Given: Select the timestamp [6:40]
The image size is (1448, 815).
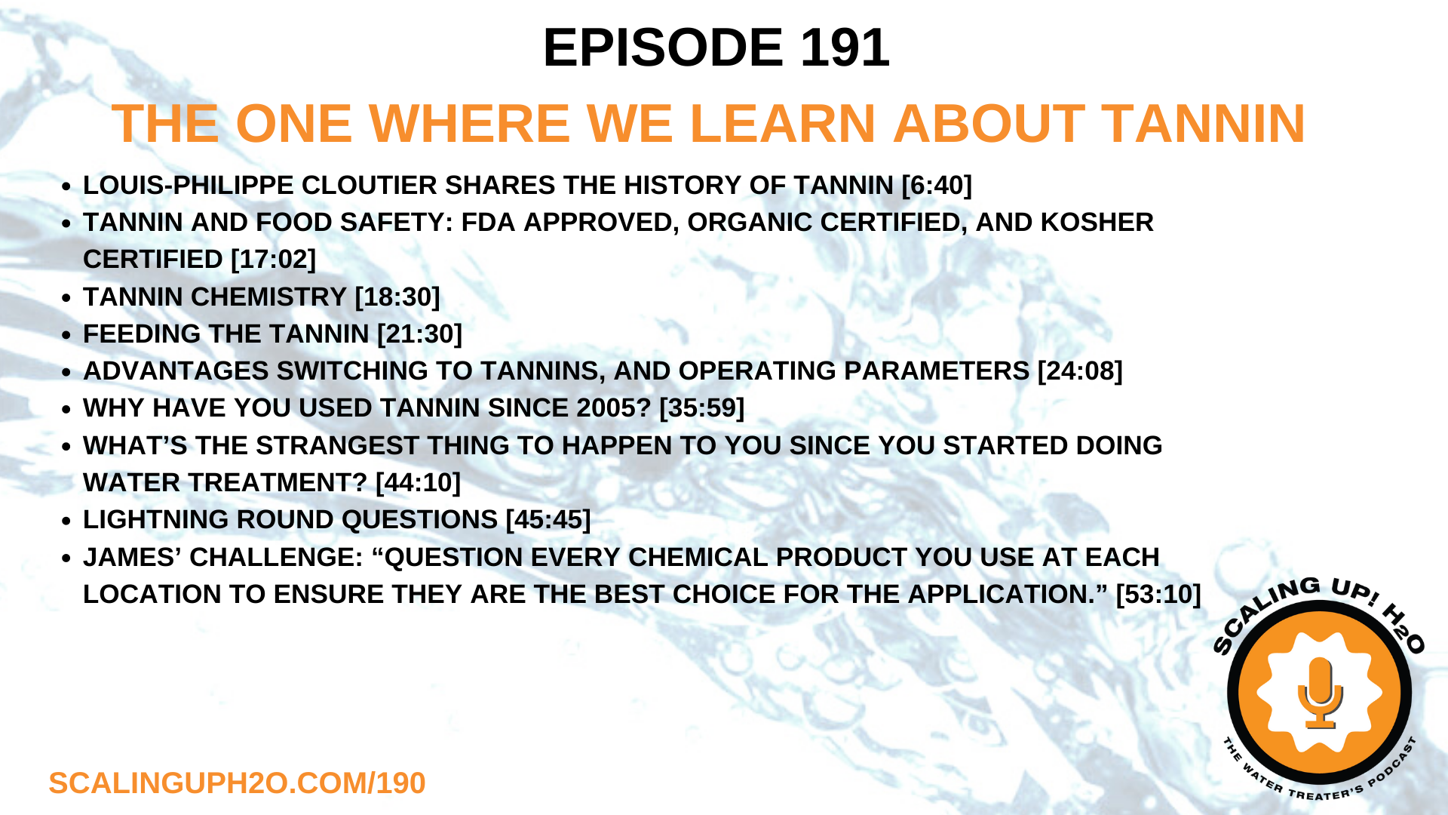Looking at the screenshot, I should (x=937, y=186).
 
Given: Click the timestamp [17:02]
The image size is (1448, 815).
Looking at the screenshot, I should (x=273, y=260).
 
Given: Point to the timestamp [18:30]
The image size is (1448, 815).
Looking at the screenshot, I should (x=397, y=297).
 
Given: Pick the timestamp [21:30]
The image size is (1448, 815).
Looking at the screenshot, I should (x=419, y=334).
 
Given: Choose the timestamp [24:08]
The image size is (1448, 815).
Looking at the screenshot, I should (x=1080, y=371).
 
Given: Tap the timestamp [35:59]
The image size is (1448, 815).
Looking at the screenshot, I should (x=701, y=408).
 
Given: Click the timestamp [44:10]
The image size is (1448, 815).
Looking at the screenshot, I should (x=418, y=483).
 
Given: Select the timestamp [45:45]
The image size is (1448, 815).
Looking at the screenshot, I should (x=548, y=520).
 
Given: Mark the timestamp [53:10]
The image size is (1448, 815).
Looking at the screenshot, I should (x=1158, y=595).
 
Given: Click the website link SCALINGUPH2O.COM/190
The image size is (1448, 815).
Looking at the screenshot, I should (x=237, y=783).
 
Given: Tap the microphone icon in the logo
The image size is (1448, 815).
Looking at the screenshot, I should (x=1320, y=691).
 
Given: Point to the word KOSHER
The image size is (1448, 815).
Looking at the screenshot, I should (x=1097, y=223).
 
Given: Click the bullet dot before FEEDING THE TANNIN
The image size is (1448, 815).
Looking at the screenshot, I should (x=66, y=335).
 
